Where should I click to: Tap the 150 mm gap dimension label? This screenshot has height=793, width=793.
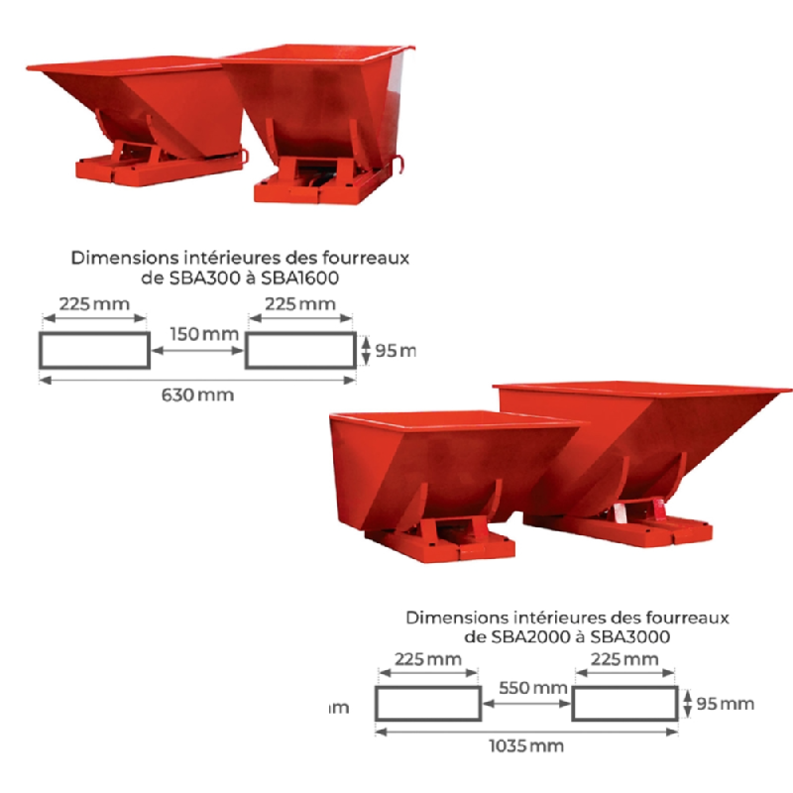click(203, 334)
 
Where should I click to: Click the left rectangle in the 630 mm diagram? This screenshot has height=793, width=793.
click(94, 350)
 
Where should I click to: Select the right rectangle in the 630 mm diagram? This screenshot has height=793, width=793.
click(300, 350)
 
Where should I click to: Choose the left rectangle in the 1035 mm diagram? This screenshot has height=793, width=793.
click(427, 704)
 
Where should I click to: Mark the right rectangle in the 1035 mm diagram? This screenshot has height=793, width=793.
click(625, 704)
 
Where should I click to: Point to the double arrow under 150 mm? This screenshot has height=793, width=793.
click(197, 350)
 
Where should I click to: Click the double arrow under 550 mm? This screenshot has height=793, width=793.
click(526, 704)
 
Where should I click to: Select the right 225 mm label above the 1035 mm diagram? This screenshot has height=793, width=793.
click(624, 659)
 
